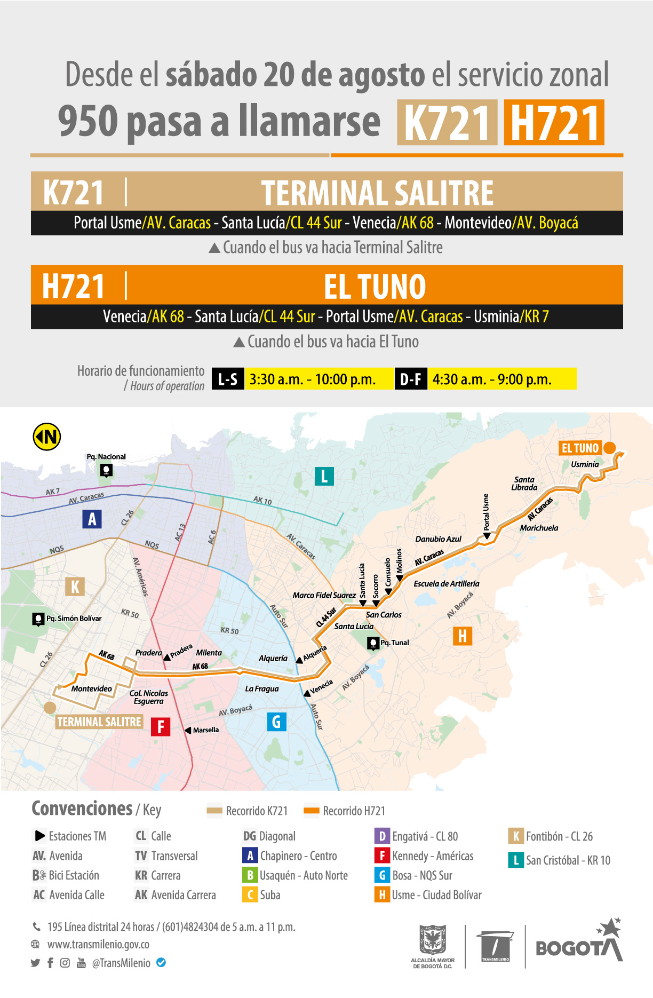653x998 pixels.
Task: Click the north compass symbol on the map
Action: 47,437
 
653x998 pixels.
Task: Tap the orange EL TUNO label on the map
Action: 580,448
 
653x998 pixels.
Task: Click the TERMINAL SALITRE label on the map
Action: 99,722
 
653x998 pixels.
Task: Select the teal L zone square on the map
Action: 324,476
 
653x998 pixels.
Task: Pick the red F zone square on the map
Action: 160,727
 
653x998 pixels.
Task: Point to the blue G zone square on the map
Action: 276,722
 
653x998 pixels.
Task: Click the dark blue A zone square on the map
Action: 92,519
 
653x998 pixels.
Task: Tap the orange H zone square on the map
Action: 462,636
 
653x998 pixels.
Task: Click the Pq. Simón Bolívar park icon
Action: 38,619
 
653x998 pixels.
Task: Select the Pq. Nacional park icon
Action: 106,470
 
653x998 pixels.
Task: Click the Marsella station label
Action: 205,730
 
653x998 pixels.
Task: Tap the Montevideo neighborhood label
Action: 92,688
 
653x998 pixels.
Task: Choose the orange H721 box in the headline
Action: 554,123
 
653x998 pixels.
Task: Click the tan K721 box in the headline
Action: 447,123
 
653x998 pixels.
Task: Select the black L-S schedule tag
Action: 228,379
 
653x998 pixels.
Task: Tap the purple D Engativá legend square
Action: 382,836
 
